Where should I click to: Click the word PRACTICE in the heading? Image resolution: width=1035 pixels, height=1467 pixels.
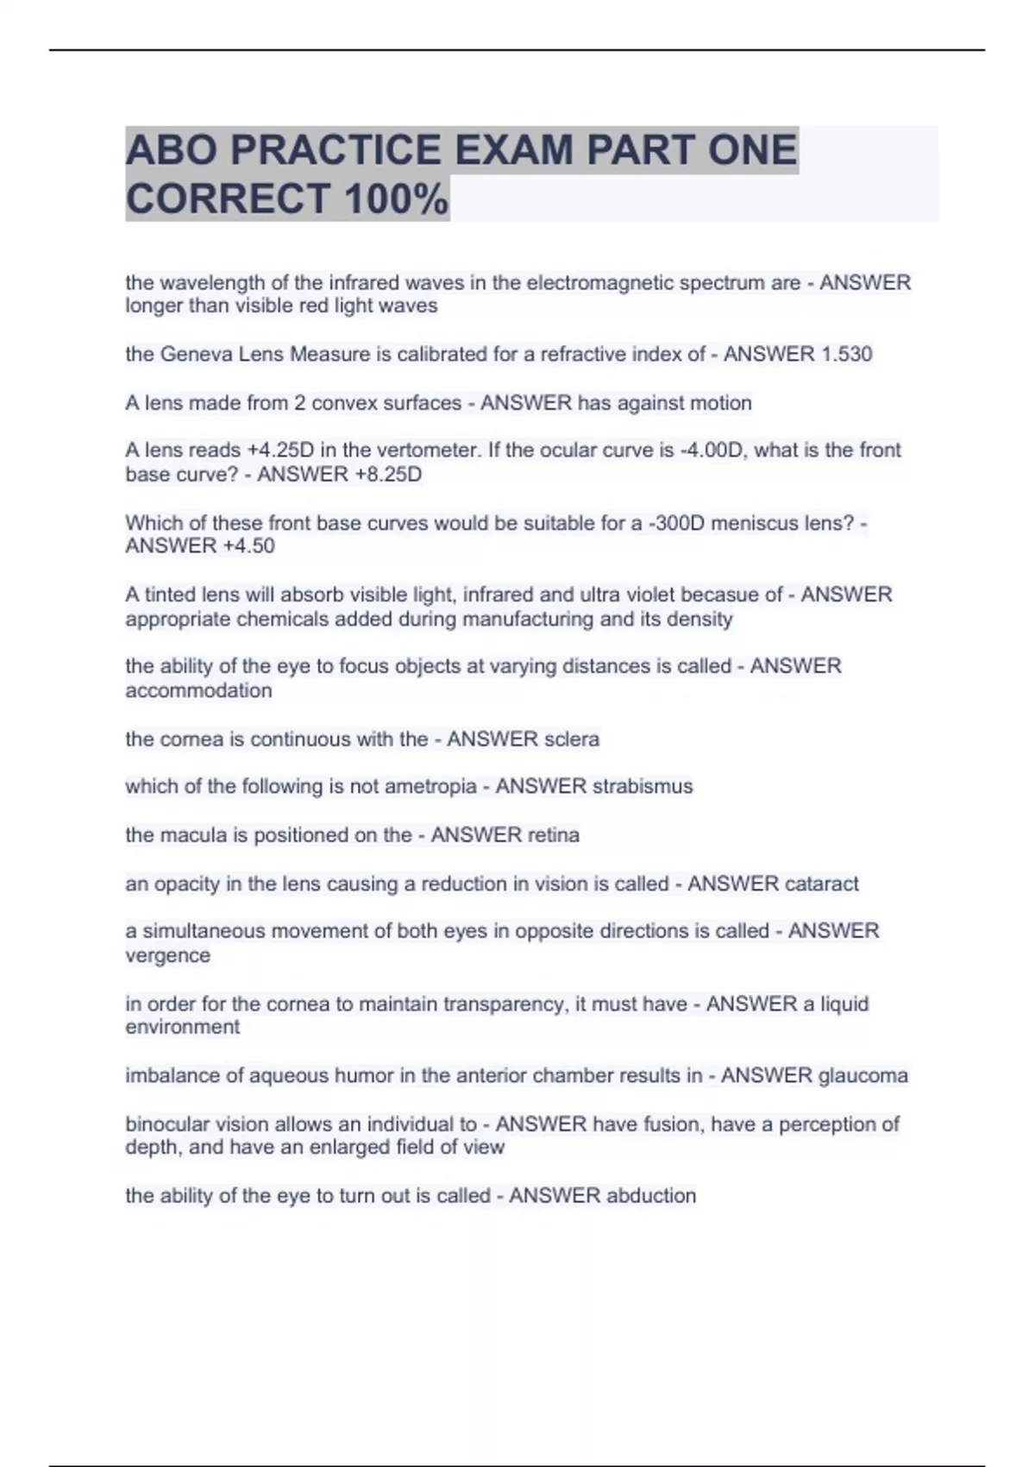[x=336, y=150]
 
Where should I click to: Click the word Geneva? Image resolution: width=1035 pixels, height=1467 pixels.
[x=190, y=354]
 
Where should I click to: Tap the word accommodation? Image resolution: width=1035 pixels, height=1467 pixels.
[x=198, y=690]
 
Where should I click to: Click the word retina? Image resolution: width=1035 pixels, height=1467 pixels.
[x=553, y=834]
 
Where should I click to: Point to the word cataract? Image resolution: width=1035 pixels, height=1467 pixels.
[x=822, y=884]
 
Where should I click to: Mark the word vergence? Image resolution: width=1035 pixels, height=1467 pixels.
[x=167, y=955]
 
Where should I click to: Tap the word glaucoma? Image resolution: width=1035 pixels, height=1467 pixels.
[x=862, y=1075]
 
